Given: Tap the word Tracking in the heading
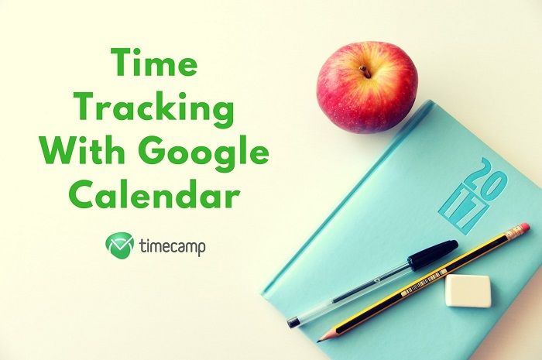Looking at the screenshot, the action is point(155,109).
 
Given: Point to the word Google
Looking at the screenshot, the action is point(204,153).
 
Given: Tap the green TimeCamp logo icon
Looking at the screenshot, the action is point(119,245).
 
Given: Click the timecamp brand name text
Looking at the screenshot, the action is point(172,247).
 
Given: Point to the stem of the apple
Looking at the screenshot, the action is point(365,71).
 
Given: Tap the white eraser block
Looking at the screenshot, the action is point(468,291).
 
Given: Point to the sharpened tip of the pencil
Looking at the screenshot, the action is point(320,339).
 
